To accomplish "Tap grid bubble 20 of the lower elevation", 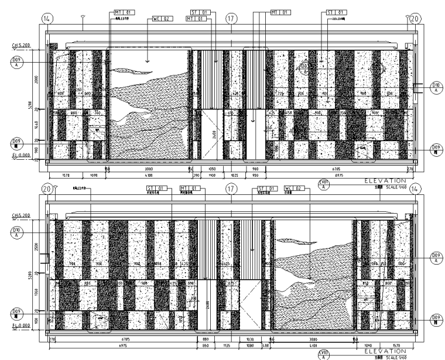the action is click(47, 189).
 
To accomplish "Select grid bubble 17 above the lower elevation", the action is click(232, 189).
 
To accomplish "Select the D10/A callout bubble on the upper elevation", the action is click(436, 88).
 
